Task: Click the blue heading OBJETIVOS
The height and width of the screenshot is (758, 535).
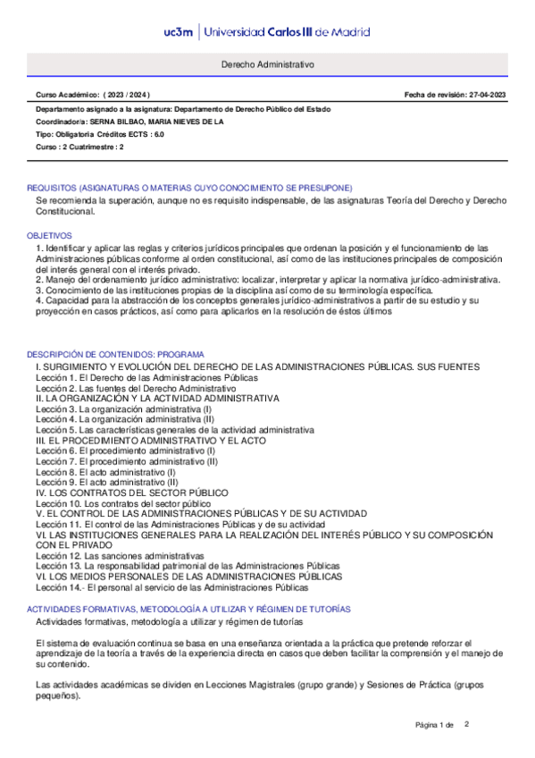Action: click(47, 234)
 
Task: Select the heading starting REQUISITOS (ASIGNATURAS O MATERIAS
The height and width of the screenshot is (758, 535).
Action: click(189, 188)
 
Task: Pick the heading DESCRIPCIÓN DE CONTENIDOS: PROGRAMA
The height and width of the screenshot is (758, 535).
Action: click(115, 354)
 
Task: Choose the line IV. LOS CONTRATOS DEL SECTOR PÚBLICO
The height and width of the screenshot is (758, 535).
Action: click(131, 493)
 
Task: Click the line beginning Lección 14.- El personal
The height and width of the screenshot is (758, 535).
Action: click(171, 587)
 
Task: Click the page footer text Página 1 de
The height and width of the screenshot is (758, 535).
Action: click(435, 724)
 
